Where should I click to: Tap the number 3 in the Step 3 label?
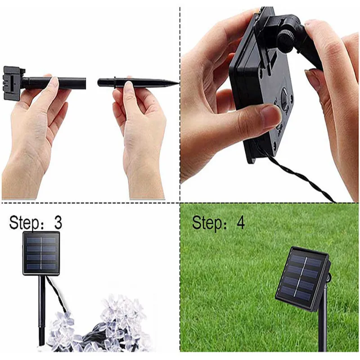pos(58,223)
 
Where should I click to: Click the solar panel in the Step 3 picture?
pos(41,253)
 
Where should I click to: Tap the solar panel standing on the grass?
pos(302,278)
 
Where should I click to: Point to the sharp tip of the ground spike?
pos(177,83)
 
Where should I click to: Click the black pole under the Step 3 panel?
pos(42,310)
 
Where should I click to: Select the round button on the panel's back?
pos(284,96)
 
